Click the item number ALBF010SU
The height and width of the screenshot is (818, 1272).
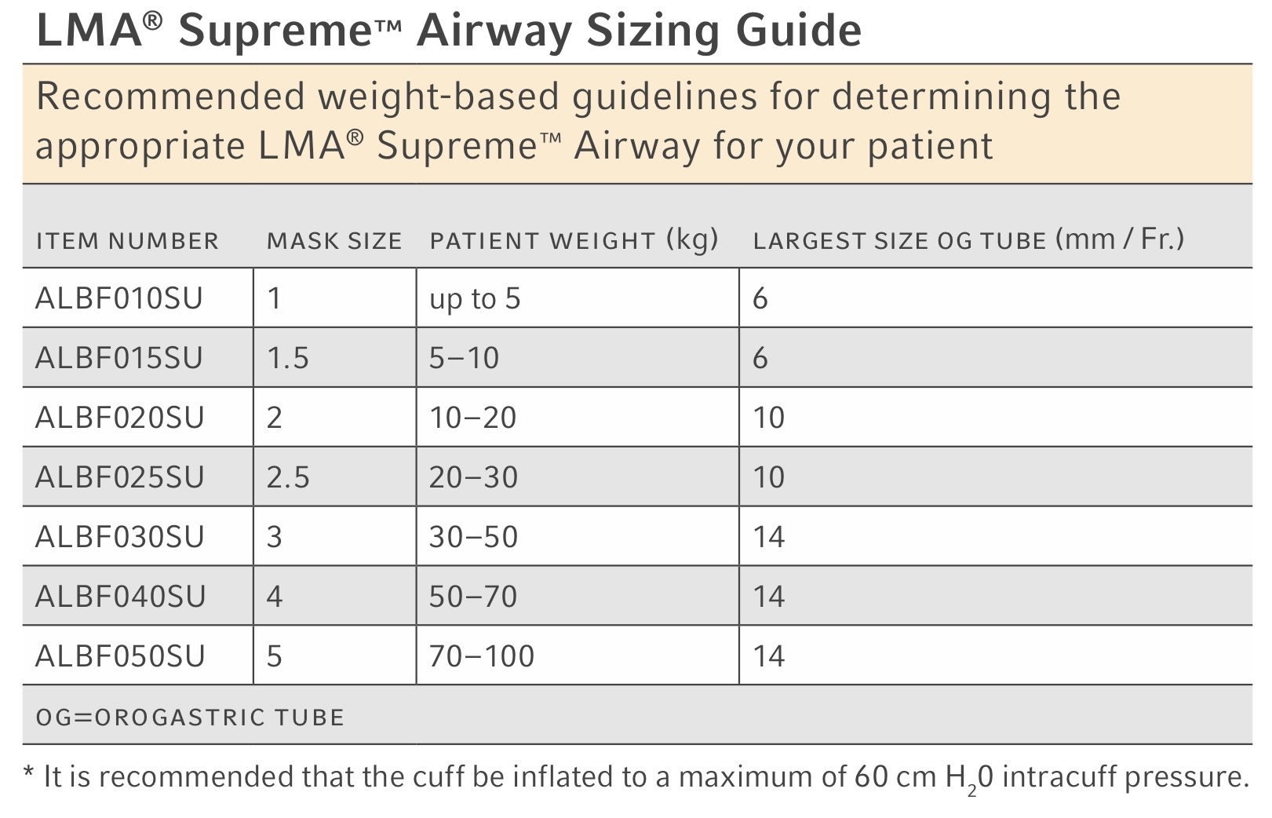pyautogui.click(x=118, y=298)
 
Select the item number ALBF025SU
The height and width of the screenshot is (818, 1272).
pyautogui.click(x=120, y=477)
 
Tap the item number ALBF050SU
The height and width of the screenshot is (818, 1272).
pyautogui.click(x=120, y=656)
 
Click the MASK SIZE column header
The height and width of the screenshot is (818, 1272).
pyautogui.click(x=334, y=241)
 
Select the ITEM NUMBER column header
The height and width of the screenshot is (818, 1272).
pyautogui.click(x=127, y=241)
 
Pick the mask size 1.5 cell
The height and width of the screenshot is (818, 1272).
pyautogui.click(x=288, y=358)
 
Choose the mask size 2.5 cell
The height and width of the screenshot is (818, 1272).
pyautogui.click(x=288, y=477)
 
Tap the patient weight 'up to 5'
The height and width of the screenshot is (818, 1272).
pyautogui.click(x=475, y=299)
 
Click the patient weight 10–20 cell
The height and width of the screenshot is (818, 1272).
pyautogui.click(x=472, y=418)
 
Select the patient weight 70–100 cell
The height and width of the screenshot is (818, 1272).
pyautogui.click(x=482, y=656)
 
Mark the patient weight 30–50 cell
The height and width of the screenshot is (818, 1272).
pyautogui.click(x=474, y=537)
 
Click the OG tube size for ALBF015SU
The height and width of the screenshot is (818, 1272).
pyautogui.click(x=760, y=358)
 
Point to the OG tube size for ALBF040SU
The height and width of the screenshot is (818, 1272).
pyautogui.click(x=769, y=597)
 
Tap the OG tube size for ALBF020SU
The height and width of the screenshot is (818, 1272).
pyautogui.click(x=769, y=418)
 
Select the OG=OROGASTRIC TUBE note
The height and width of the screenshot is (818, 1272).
pyautogui.click(x=190, y=718)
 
